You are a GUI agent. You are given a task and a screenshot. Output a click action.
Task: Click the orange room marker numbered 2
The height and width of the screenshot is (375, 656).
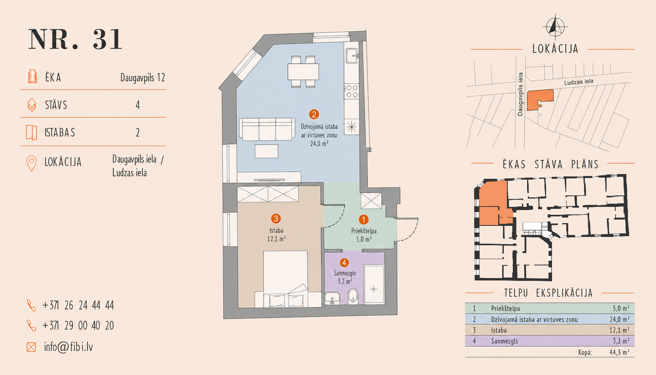[314, 114]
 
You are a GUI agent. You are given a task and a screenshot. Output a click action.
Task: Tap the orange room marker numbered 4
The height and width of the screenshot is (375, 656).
[344, 263]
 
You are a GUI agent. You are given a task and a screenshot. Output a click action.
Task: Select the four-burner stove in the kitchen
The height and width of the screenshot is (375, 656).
[352, 91]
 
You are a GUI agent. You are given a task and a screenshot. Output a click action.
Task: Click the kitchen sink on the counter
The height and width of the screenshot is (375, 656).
[352, 56]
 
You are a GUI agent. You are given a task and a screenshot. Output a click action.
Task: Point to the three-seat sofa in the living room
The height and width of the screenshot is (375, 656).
[267, 129]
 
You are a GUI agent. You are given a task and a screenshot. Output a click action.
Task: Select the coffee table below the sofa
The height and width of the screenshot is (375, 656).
[266, 151]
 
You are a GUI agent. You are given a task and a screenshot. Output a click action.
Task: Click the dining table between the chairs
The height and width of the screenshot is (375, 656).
[303, 72]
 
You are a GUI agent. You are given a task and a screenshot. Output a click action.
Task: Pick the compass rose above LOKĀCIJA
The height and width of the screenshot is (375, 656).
[555, 27]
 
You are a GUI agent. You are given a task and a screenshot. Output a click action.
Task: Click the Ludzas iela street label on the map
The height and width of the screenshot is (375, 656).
[578, 82]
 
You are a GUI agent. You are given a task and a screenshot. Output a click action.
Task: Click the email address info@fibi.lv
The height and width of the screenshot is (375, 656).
[68, 347]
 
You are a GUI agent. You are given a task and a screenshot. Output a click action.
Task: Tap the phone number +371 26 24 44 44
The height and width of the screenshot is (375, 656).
[78, 305]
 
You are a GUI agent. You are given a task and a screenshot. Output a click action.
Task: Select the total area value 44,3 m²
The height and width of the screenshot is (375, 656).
[619, 352]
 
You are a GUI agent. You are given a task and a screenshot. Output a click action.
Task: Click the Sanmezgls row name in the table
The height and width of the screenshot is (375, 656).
[505, 341]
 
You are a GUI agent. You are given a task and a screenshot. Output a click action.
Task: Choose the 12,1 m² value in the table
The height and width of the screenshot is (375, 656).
[619, 330]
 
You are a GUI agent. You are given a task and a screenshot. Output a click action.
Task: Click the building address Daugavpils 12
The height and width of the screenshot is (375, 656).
[143, 78]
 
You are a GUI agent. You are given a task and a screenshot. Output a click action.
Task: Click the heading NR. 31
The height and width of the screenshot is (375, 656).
[75, 39]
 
